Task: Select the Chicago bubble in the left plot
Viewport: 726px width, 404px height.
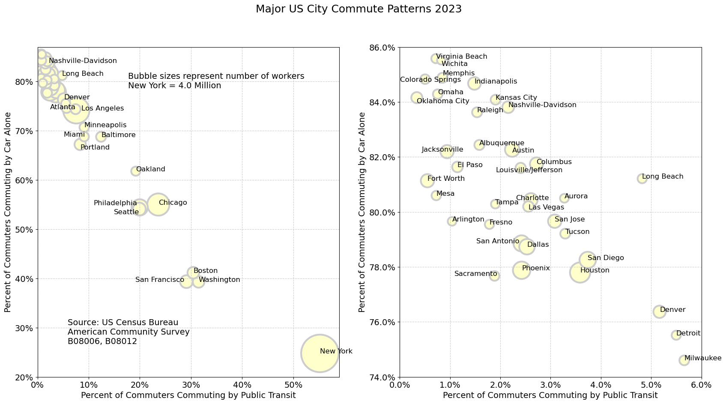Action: (158, 204)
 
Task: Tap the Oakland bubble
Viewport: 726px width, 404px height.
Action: (136, 171)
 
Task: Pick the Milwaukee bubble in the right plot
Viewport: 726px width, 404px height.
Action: (684, 360)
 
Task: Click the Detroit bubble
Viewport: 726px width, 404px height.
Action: (676, 335)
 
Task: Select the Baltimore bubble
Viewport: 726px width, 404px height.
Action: (101, 137)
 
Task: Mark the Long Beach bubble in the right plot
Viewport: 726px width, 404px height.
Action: (642, 179)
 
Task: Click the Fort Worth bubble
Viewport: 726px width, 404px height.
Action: (427, 180)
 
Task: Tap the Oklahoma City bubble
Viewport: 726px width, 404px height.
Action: (417, 98)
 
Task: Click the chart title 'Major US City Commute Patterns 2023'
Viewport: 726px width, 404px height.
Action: (359, 9)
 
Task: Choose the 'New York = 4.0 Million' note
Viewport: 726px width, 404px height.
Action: (174, 86)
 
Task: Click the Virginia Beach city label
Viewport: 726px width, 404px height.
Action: (462, 57)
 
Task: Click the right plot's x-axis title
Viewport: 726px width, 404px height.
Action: (550, 395)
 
